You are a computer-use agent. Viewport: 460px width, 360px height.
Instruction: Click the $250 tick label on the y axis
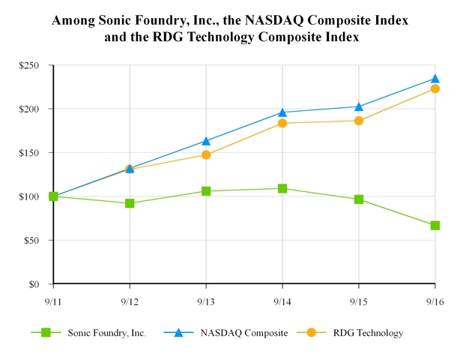(x=29, y=66)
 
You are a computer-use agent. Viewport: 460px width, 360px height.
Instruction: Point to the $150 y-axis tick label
(x=29, y=153)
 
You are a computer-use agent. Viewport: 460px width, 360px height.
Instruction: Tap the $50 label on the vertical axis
(x=31, y=241)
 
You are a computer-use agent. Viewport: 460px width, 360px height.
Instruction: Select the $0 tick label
(x=34, y=284)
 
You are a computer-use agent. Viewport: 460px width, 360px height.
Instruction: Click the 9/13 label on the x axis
(x=206, y=301)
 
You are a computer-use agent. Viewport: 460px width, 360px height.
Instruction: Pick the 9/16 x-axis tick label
(x=435, y=301)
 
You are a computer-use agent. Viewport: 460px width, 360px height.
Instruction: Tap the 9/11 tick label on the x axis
(x=53, y=301)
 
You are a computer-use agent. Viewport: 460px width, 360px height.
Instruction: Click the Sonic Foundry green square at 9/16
(x=435, y=225)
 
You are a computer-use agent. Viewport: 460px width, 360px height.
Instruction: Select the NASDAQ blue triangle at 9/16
(x=435, y=78)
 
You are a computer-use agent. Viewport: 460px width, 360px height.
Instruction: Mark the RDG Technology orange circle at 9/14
(x=282, y=123)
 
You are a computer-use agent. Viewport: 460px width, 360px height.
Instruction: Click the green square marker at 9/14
(x=282, y=188)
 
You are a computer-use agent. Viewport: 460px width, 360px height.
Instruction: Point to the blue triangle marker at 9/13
(x=206, y=140)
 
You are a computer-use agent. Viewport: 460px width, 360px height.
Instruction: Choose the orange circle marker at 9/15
(x=359, y=121)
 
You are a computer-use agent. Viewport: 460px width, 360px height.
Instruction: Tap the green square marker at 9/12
(x=130, y=203)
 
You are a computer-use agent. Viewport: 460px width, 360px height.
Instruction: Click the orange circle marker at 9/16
(x=435, y=89)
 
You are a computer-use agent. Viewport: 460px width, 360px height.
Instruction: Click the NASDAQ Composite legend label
(x=244, y=333)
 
